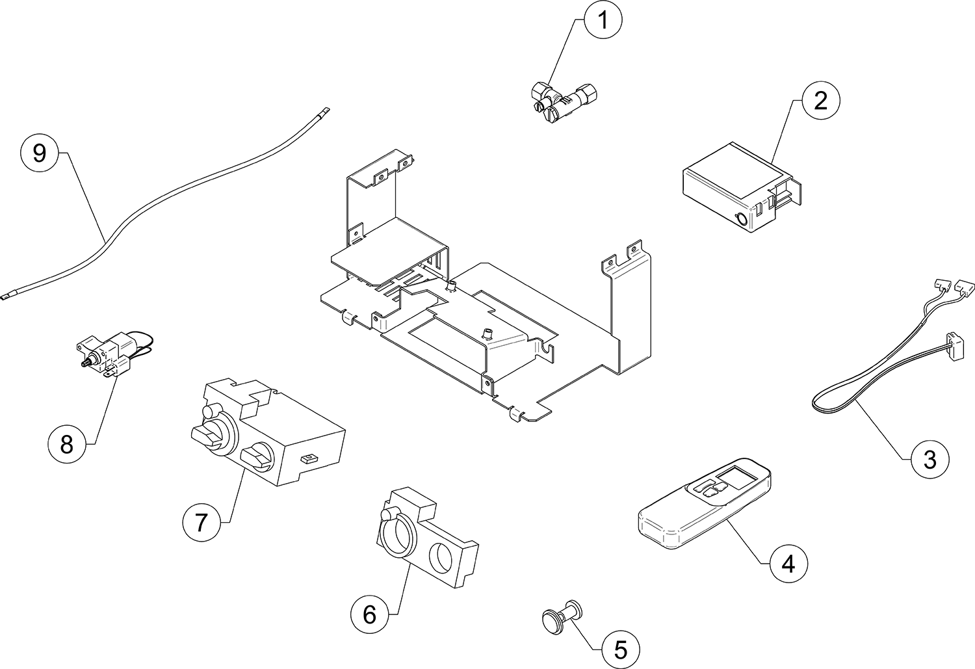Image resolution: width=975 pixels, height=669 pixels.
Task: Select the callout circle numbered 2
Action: (x=820, y=101)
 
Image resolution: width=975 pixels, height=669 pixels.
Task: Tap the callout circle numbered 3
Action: (x=929, y=459)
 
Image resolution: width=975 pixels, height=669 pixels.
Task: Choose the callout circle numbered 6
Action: (x=370, y=614)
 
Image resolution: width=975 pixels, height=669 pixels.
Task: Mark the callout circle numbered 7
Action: (x=201, y=521)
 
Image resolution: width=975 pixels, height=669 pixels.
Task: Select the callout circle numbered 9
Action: (x=40, y=153)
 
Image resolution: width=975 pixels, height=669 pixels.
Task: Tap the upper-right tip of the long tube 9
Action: (x=327, y=111)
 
